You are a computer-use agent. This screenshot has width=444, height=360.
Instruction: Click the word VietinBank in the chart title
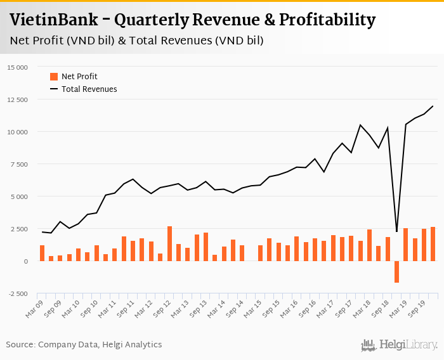(53, 20)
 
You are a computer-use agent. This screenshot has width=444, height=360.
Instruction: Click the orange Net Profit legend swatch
(54, 77)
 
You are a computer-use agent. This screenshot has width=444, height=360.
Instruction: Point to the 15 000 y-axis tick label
(18, 67)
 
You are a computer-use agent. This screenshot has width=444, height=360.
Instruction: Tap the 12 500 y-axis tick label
(18, 100)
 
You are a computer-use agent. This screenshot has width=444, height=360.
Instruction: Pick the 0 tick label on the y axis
(26, 261)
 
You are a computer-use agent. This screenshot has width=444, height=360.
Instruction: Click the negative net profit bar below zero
(396, 272)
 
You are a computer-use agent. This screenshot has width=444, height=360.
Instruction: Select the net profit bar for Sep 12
(169, 244)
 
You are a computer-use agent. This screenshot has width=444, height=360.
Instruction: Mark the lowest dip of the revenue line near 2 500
(396, 231)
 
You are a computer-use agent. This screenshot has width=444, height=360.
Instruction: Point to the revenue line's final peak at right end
(433, 106)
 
